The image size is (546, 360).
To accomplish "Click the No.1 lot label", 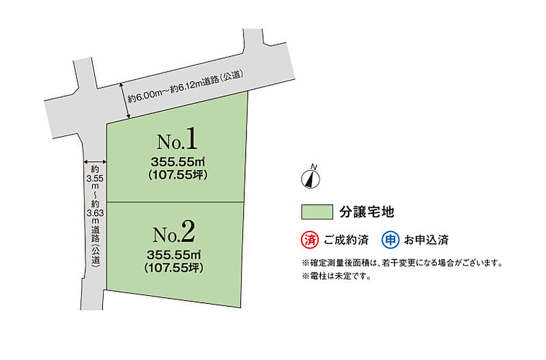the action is point(177,139).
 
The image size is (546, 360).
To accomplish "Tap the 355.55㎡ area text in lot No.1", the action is point(177,162).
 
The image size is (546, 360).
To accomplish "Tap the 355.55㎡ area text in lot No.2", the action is point(174,255).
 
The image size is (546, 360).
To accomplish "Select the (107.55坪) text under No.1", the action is point(177,175).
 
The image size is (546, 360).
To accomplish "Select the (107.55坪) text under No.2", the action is point(174,268).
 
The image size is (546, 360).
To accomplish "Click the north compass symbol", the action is point(311,178).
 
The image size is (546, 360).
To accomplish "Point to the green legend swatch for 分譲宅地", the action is point(317,212).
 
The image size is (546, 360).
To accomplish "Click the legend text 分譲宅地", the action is point(367,212).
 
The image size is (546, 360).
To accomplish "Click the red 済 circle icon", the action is point(310,240).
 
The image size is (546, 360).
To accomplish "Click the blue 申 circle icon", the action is point(390,240).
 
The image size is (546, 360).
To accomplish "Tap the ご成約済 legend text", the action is point(346,240).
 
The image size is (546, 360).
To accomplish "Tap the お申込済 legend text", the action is point(426,240).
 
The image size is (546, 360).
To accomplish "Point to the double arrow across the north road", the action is point(125,100).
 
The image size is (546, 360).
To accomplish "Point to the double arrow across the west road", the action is point(95,162).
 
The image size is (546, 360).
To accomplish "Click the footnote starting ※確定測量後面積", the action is point(402,263).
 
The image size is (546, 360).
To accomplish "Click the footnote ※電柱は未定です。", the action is point(336,277).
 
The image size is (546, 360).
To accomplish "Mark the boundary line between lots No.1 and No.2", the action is point(175,202).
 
